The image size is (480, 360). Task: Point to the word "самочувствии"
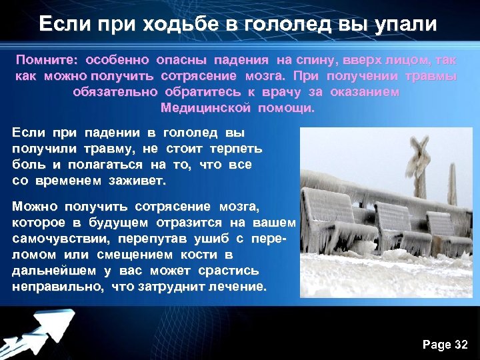coord(61,238)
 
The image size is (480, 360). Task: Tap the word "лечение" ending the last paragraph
coord(240,287)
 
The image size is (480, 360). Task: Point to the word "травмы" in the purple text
coord(433,75)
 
